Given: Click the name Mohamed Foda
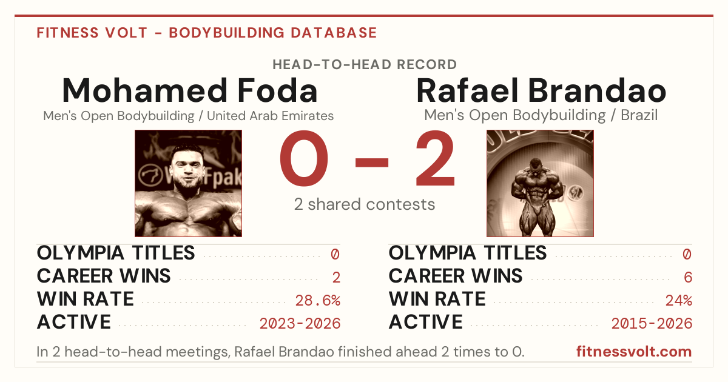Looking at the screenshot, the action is pyautogui.click(x=190, y=90).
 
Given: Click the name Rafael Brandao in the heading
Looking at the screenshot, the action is pyautogui.click(x=541, y=90).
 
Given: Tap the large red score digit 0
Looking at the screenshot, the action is pyautogui.click(x=304, y=158).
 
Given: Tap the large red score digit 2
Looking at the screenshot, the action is pyautogui.click(x=435, y=158).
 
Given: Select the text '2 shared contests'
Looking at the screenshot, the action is pyautogui.click(x=365, y=204).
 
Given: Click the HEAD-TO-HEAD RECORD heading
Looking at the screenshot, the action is pyautogui.click(x=365, y=65).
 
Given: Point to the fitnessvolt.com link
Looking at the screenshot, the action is pyautogui.click(x=634, y=352).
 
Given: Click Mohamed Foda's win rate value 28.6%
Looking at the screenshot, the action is pyautogui.click(x=317, y=301).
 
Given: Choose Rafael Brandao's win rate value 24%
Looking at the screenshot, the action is pyautogui.click(x=679, y=301).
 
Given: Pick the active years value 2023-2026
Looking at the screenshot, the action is pyautogui.click(x=300, y=324).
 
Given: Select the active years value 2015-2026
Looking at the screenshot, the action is pyautogui.click(x=652, y=324).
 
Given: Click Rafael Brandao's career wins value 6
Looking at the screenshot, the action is pyautogui.click(x=688, y=278).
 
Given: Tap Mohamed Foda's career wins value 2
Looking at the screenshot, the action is pyautogui.click(x=336, y=278).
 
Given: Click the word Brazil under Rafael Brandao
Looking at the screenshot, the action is pyautogui.click(x=639, y=115).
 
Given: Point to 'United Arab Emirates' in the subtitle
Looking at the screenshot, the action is pyautogui.click(x=270, y=116).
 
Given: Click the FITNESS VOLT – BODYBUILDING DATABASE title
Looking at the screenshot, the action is pyautogui.click(x=207, y=33).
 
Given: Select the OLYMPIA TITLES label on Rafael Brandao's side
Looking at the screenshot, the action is pyautogui.click(x=468, y=253).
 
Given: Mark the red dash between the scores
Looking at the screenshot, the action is pyautogui.click(x=372, y=162).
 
